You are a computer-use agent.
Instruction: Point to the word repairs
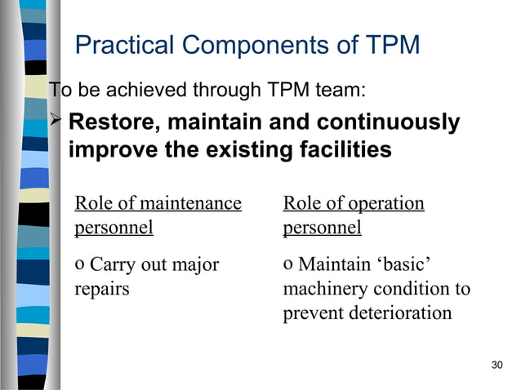click(102, 290)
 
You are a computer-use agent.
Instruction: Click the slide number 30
click(497, 364)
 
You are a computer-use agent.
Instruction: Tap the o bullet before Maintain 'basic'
click(288, 265)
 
